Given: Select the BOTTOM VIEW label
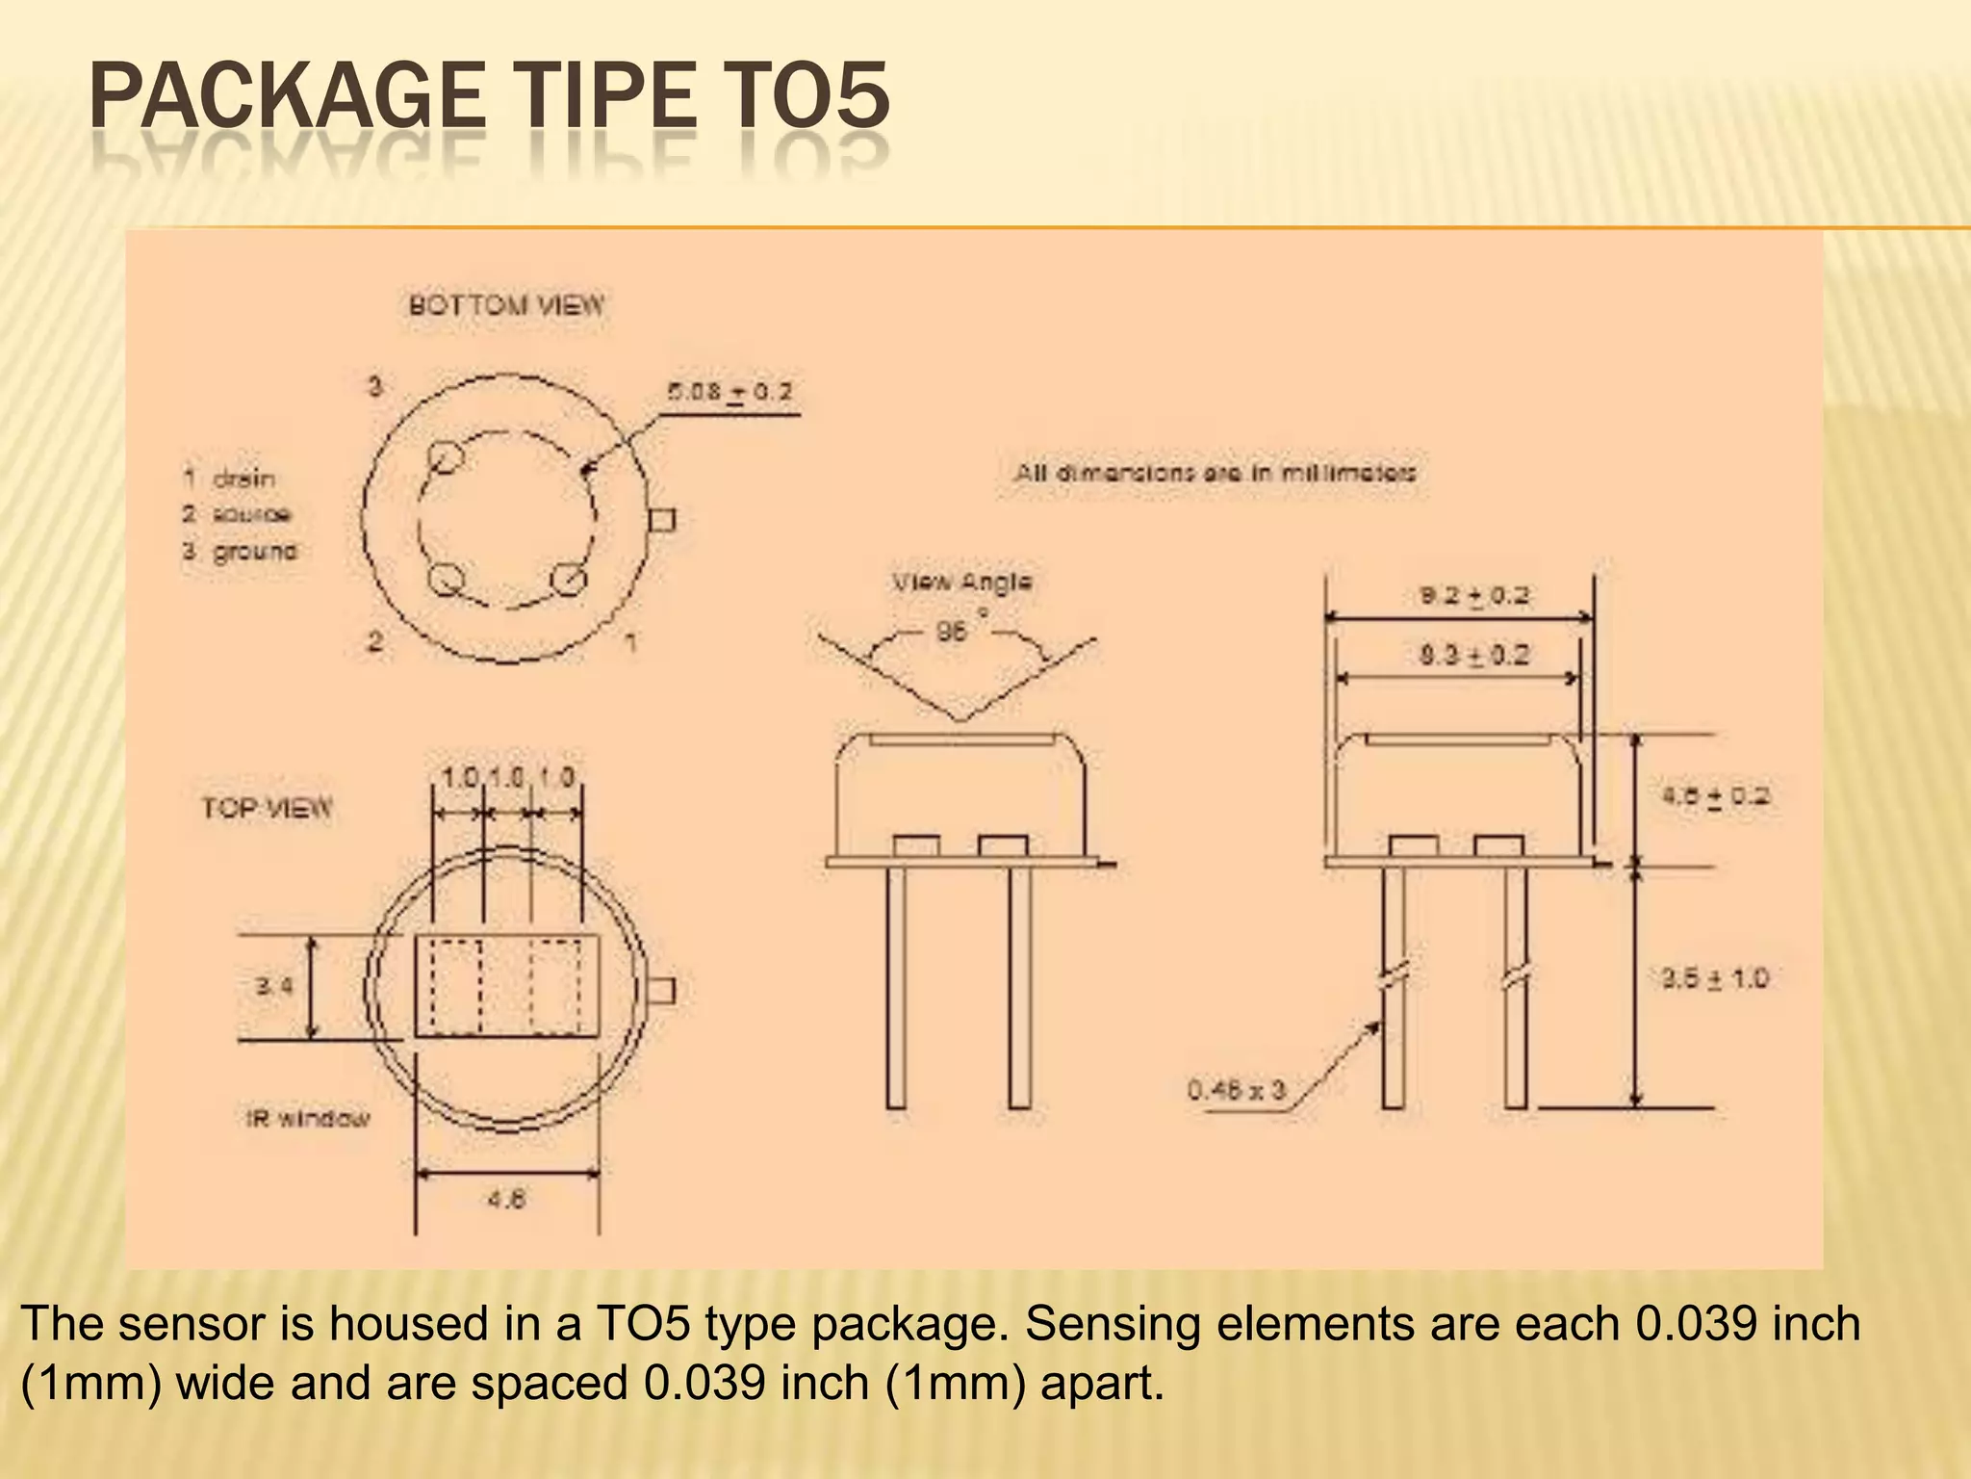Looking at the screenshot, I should point(506,306).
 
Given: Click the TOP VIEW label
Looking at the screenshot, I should point(267,807).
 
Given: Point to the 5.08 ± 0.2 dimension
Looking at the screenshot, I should point(730,393).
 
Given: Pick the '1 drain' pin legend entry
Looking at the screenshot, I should point(229,479).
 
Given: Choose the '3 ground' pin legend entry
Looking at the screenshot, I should point(240,552).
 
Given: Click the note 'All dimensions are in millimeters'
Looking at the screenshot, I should point(1215,474).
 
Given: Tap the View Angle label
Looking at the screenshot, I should point(961,583).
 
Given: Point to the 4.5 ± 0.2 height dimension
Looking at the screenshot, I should point(1715,796).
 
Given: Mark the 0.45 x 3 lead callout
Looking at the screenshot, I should point(1236,1090).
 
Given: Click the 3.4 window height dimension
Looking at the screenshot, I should point(273,986).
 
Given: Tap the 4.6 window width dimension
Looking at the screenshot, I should point(506,1200).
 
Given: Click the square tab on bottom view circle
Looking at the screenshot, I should point(662,521).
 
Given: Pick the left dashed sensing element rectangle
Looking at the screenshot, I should point(455,986).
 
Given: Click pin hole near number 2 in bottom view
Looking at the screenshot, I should point(445,581).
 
